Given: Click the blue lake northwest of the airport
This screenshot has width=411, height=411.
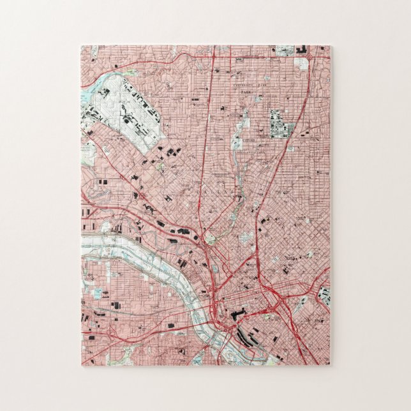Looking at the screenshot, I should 87,96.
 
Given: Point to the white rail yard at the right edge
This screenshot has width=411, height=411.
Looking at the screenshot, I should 325,295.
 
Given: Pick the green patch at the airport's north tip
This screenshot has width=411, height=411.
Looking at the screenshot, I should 130,73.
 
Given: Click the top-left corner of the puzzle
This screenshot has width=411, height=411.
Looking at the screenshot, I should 82,46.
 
